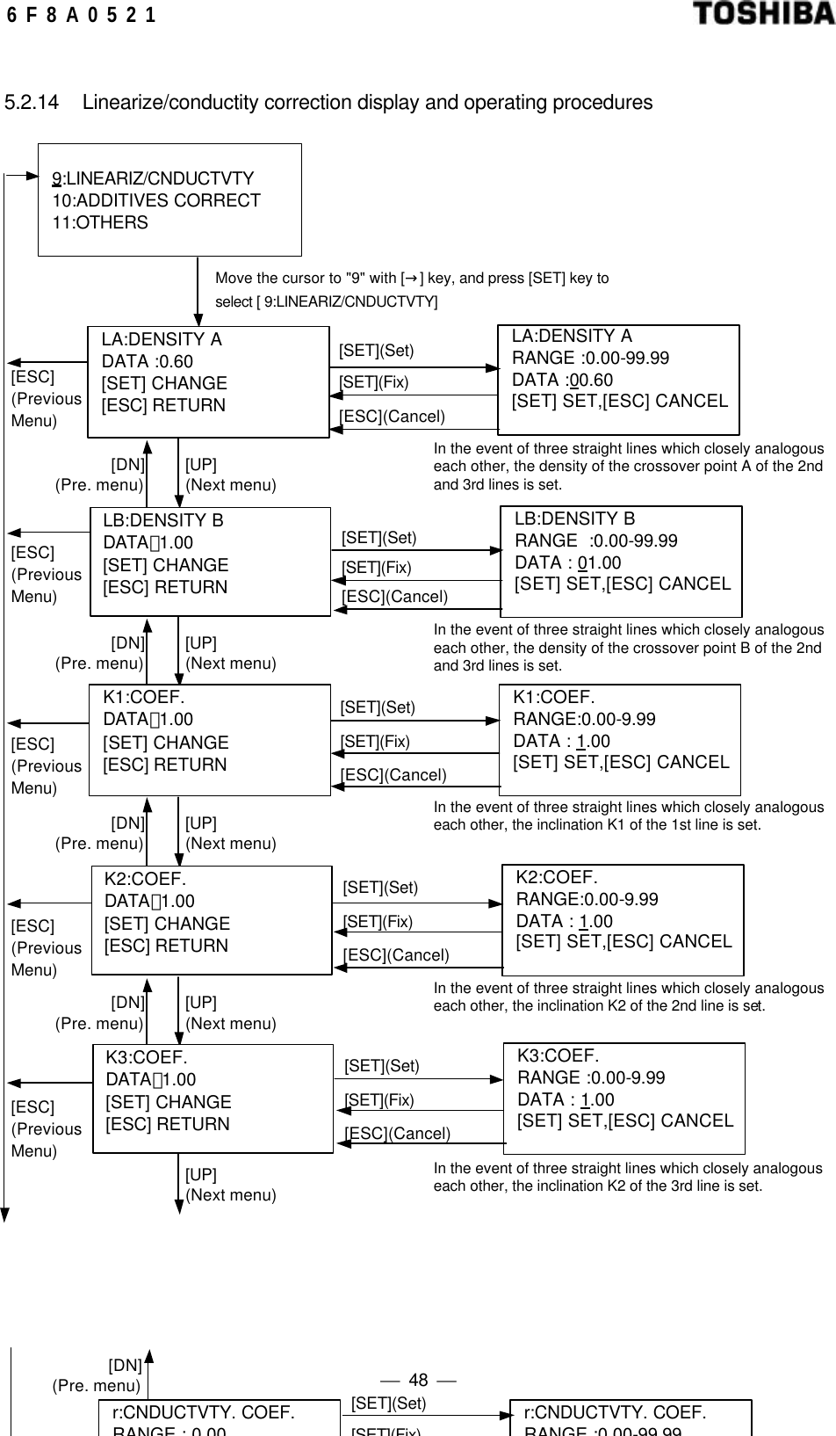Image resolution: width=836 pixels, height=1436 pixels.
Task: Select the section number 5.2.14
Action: click(x=32, y=103)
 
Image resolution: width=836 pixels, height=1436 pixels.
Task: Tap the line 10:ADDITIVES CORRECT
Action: click(x=156, y=200)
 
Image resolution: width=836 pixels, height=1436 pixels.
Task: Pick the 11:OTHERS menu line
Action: click(x=100, y=222)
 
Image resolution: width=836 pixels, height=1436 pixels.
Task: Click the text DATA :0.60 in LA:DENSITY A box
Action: click(x=148, y=361)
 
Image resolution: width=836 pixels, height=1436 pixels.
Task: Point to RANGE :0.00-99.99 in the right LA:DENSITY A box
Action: click(x=590, y=358)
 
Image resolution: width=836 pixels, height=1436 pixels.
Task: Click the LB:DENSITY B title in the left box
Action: click(x=163, y=520)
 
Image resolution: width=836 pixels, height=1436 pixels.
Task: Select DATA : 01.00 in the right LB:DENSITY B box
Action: click(x=567, y=562)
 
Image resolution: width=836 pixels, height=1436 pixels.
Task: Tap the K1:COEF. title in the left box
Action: click(x=144, y=697)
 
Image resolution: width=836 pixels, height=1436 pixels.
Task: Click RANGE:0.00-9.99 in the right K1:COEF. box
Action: click(x=584, y=719)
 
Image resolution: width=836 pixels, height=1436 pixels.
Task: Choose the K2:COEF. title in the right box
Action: click(x=557, y=877)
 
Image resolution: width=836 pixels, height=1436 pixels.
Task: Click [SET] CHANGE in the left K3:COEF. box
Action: click(x=169, y=1102)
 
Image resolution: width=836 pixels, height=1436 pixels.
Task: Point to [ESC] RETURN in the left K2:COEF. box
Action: click(x=166, y=946)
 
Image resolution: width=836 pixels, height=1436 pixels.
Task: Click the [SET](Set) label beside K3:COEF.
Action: click(x=382, y=1066)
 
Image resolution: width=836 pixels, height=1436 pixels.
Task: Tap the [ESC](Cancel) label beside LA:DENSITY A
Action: click(x=392, y=417)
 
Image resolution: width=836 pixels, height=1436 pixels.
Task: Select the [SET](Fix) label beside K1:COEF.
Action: click(x=375, y=742)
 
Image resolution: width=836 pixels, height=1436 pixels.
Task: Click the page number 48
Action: click(x=419, y=1380)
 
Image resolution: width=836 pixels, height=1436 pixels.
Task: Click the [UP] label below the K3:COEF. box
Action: click(x=201, y=1174)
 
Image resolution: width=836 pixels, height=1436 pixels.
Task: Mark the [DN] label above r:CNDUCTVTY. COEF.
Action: click(x=125, y=1365)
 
